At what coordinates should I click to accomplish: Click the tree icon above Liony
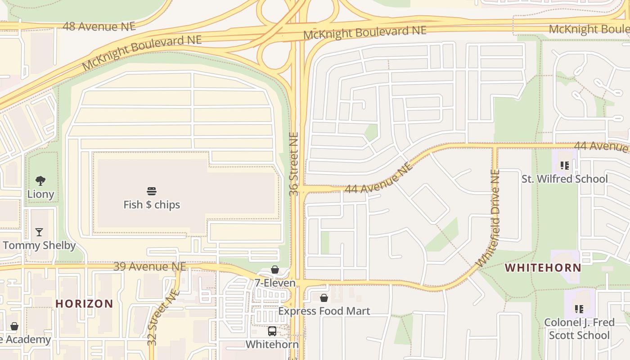(x=40, y=181)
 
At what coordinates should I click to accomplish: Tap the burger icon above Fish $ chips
(x=152, y=191)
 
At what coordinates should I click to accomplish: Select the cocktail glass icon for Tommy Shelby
(x=39, y=232)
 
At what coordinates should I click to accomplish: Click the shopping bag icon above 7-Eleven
(x=275, y=270)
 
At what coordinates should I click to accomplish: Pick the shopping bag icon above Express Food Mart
(x=324, y=298)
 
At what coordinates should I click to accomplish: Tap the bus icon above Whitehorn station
(x=272, y=331)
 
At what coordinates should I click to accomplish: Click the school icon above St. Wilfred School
(x=564, y=166)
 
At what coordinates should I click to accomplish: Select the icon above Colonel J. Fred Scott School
(x=579, y=309)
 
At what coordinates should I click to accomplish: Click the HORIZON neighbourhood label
(x=84, y=304)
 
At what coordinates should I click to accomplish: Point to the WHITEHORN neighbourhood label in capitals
(x=543, y=268)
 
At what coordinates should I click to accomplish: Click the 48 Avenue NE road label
(x=99, y=26)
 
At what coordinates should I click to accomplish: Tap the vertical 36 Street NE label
(x=294, y=164)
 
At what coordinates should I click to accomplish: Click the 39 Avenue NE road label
(x=149, y=266)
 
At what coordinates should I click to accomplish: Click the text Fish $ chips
(x=152, y=205)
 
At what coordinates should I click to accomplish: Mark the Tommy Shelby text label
(x=39, y=246)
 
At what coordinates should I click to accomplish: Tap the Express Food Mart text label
(x=324, y=311)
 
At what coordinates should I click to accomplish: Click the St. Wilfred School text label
(x=564, y=179)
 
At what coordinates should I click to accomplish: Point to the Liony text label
(x=40, y=194)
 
